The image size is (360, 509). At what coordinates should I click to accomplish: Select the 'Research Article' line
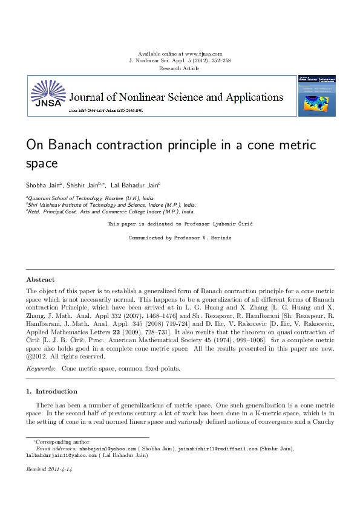tap(179, 68)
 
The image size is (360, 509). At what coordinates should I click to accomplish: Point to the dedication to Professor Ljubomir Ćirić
tap(180, 224)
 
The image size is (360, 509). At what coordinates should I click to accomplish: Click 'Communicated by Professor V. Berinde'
tap(180, 238)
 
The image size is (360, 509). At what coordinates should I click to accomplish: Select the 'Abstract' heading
tap(40, 280)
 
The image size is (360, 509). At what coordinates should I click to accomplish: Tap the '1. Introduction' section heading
tap(51, 391)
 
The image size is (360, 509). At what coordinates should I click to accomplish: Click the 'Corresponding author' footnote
tap(61, 442)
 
